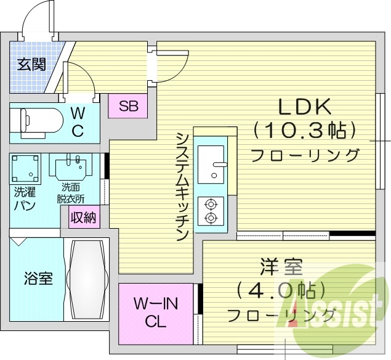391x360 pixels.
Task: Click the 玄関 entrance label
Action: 31,64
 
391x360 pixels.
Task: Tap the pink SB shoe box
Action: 129,106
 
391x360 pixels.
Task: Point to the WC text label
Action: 78,121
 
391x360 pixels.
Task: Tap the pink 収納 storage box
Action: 83,217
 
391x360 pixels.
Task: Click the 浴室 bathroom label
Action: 38,279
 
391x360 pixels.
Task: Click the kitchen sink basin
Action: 211,163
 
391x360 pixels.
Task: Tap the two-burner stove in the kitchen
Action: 211,210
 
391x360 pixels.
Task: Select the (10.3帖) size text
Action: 305,131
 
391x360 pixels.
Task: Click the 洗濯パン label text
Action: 25,198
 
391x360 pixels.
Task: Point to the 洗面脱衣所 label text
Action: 71,192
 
